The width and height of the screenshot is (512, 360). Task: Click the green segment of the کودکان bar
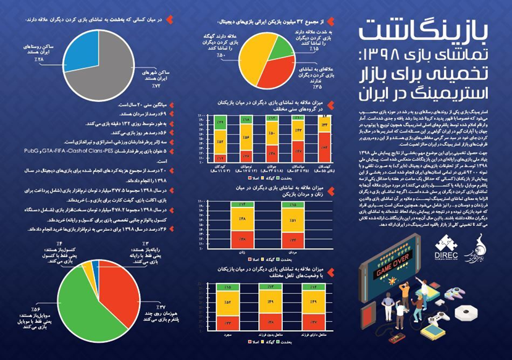click(220, 123)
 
